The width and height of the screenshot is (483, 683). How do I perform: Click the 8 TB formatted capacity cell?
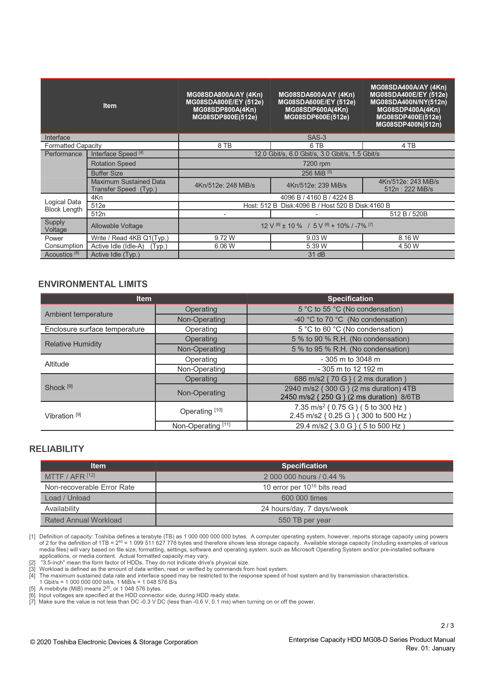[x=224, y=145]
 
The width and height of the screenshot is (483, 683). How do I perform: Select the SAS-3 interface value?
[x=316, y=137]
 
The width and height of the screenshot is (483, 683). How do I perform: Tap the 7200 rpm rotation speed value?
[x=316, y=164]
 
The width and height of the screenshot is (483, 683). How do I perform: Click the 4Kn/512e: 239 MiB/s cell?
[x=316, y=185]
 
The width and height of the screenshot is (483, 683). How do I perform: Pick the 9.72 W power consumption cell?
[x=224, y=238]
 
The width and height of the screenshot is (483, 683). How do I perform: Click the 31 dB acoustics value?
[x=316, y=254]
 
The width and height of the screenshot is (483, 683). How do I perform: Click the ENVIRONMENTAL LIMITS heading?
[x=93, y=284]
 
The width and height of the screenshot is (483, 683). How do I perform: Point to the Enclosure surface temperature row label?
[x=94, y=329]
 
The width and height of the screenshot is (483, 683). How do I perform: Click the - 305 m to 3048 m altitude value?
[x=350, y=359]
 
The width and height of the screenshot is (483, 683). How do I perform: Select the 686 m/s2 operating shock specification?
[x=350, y=379]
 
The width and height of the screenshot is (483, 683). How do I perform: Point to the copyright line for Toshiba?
[x=114, y=642]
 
